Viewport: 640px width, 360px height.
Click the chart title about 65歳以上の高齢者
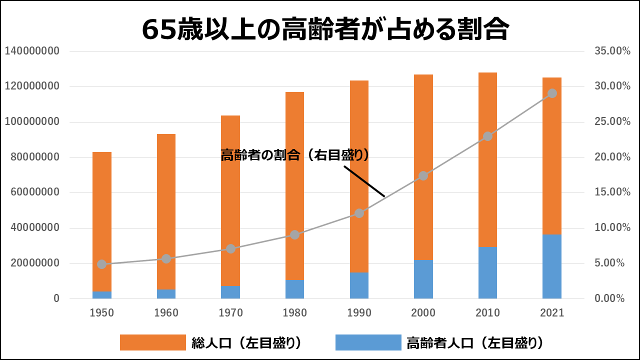tap(325, 30)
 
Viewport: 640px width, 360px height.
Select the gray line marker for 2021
tap(552, 93)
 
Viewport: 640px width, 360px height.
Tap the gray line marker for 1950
tap(102, 264)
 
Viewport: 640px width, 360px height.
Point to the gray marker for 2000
tap(423, 175)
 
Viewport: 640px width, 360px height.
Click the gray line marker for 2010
tap(487, 136)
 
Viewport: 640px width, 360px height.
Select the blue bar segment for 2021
tap(552, 266)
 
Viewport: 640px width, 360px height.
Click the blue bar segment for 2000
tap(423, 279)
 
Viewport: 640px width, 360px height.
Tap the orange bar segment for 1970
tap(230, 200)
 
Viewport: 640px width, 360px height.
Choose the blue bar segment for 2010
tap(487, 272)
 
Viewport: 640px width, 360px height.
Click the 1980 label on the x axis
tap(295, 313)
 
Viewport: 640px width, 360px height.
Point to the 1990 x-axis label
tap(359, 313)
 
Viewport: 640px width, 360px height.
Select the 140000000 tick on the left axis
tap(32, 51)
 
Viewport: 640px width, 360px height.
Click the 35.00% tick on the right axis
tap(609, 51)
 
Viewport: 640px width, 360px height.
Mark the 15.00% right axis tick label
tap(609, 192)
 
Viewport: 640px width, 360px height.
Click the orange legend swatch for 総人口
tap(152, 342)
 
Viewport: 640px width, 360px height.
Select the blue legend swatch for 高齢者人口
tap(368, 342)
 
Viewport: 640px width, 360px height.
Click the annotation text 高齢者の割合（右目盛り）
tap(295, 155)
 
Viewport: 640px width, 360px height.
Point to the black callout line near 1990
tap(364, 180)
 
